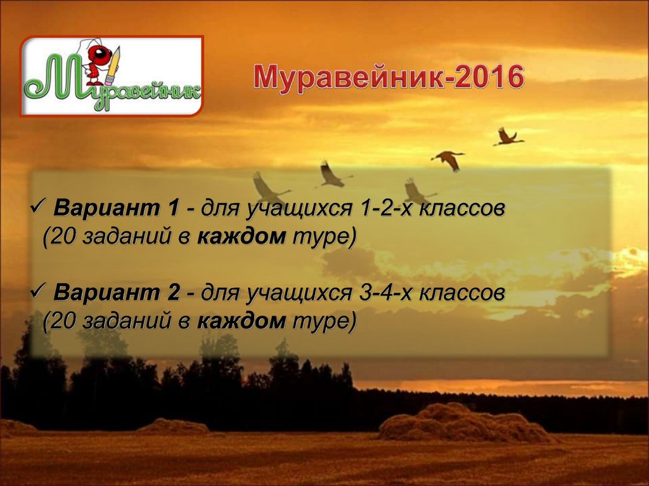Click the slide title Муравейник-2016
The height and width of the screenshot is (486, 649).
[x=389, y=77]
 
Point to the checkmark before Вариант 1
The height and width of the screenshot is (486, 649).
[x=39, y=207]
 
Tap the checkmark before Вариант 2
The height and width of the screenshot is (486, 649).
[x=39, y=292]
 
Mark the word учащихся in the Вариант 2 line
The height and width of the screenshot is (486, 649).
[x=292, y=294]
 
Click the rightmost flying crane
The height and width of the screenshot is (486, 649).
[x=508, y=137]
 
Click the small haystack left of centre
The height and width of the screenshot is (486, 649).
[x=172, y=426]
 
